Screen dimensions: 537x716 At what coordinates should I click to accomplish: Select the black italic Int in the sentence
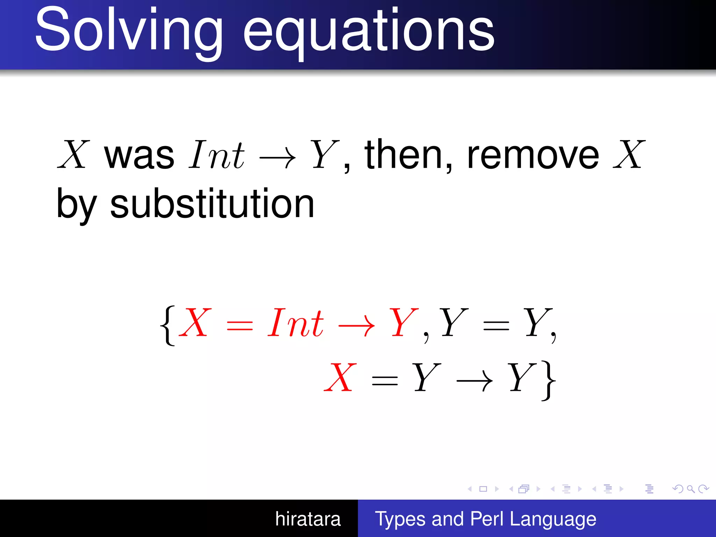pos(217,155)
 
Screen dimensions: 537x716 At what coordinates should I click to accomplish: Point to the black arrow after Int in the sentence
pos(278,158)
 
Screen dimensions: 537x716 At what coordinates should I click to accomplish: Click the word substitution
pos(212,204)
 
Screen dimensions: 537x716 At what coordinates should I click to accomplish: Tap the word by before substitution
pos(77,206)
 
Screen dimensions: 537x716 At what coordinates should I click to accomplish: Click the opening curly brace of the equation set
pos(167,325)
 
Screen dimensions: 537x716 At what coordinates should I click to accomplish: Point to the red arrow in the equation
pos(356,327)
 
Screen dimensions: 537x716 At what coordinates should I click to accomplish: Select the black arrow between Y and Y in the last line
pos(474,381)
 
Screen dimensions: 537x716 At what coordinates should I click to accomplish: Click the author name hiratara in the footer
pos(308,519)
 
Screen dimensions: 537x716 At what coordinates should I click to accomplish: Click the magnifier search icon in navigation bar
pos(690,489)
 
